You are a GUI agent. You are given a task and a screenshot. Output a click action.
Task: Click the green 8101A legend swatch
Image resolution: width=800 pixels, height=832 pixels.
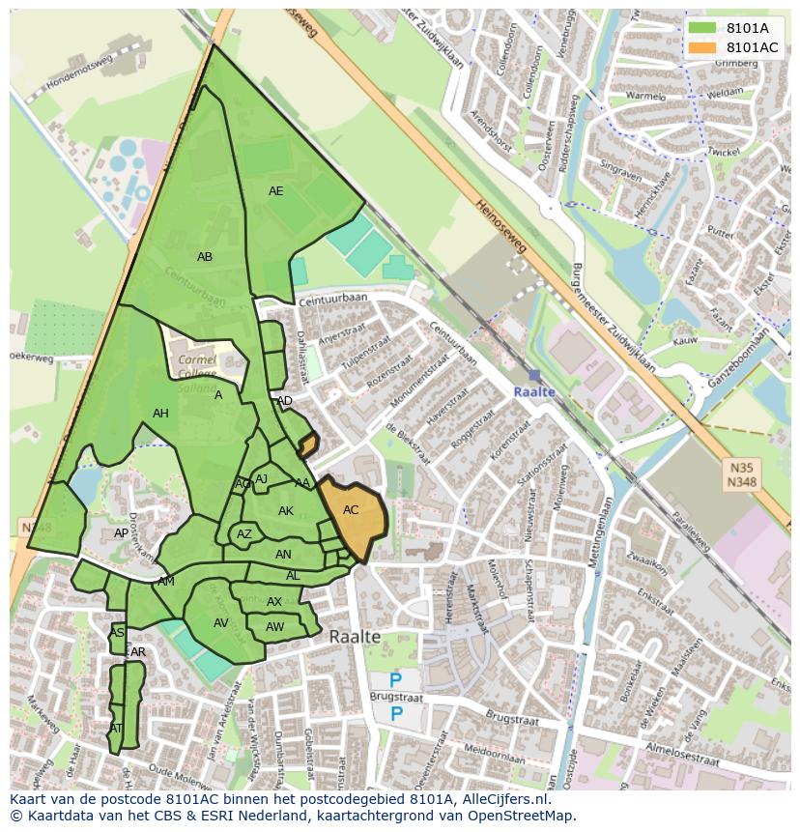(702, 28)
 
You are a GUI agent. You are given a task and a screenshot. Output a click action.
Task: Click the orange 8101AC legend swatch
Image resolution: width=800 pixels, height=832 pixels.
(702, 47)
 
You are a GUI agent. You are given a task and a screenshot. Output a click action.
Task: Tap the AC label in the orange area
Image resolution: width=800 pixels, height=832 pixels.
(351, 510)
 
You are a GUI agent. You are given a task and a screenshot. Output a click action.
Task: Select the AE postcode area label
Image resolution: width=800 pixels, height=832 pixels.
(276, 191)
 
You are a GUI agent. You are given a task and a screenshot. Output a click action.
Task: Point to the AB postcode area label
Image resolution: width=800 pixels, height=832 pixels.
(205, 257)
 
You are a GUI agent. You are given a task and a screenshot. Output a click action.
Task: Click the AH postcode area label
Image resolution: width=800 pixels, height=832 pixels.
(160, 414)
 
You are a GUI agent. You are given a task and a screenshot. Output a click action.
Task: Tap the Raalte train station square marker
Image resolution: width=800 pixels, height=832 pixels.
(534, 375)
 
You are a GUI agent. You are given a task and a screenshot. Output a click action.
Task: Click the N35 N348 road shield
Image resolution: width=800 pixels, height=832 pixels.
(741, 473)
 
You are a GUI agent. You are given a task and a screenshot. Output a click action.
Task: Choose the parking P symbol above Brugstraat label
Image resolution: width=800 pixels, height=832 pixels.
(395, 681)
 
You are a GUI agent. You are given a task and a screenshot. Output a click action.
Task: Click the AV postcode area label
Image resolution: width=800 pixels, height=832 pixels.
(221, 623)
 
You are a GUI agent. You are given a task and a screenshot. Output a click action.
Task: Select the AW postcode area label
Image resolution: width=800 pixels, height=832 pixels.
(274, 627)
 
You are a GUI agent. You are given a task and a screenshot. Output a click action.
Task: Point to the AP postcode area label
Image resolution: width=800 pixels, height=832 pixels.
(121, 533)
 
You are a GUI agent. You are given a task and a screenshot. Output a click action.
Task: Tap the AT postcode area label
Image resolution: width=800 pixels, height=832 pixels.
(116, 729)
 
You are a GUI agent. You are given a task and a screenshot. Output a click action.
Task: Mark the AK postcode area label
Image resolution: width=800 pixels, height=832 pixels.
(286, 511)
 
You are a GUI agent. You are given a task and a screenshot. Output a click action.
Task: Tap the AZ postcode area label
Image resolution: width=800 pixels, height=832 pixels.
(244, 534)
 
